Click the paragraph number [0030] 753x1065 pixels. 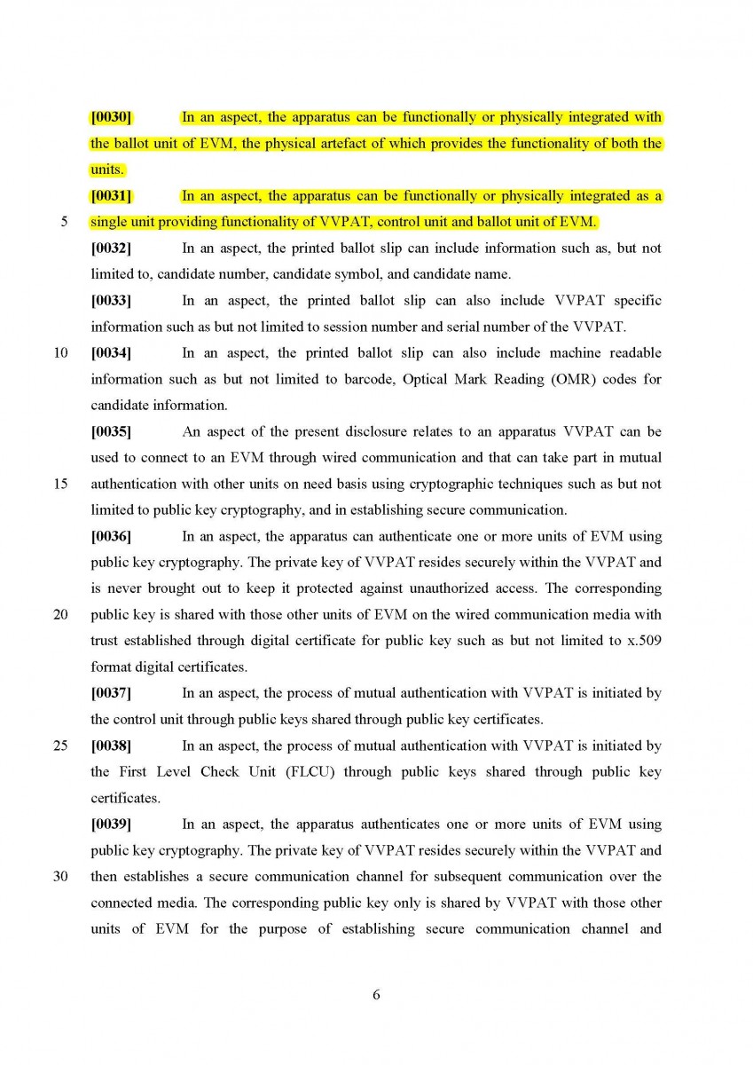point(111,117)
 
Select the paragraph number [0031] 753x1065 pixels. point(111,196)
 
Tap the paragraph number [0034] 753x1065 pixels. point(111,353)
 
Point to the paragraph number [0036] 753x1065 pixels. point(111,536)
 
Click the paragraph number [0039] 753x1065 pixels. point(111,824)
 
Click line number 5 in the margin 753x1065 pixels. point(65,222)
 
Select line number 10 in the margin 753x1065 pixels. point(61,353)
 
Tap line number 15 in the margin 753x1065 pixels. point(61,484)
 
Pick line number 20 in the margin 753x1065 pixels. point(61,614)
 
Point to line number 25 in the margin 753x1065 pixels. point(61,745)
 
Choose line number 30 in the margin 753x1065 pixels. point(61,876)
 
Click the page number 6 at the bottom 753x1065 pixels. point(376,995)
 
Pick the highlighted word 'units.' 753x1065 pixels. point(107,170)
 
